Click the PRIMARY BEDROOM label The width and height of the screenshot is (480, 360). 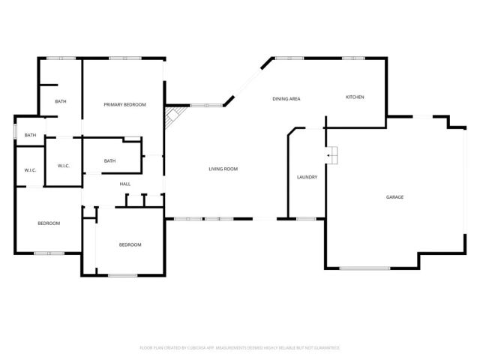pos(124,104)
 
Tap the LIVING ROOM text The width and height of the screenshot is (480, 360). pos(223,169)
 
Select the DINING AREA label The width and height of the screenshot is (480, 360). pos(286,99)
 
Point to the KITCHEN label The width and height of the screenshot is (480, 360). pos(355,97)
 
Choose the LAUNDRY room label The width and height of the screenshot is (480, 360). pos(307,177)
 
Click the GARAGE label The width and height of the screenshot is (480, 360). pos(394,197)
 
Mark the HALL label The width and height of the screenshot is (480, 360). pos(125,184)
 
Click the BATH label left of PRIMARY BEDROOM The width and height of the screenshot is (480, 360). pos(61,102)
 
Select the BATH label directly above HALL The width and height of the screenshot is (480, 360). pos(109,160)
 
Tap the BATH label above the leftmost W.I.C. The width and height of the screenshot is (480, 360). pos(30,135)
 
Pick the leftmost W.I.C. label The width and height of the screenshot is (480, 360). pos(30,170)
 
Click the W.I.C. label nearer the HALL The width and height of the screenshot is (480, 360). pos(64,166)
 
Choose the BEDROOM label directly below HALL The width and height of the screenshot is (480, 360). pos(130,244)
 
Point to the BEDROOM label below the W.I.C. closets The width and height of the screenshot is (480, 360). pos(49,223)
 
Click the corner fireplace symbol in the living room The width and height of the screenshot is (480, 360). pos(173,116)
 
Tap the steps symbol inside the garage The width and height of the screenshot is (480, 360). pos(332,155)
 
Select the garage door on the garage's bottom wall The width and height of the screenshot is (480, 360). pos(364,268)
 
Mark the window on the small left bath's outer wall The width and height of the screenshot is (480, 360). pos(15,130)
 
